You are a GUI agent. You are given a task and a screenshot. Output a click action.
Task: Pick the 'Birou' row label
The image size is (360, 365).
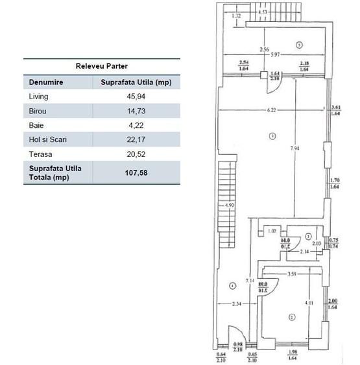tap(37, 111)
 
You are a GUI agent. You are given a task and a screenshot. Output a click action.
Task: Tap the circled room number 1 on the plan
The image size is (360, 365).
tap(273, 135)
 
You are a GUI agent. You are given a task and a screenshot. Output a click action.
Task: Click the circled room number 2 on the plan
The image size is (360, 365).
tap(291, 317)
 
